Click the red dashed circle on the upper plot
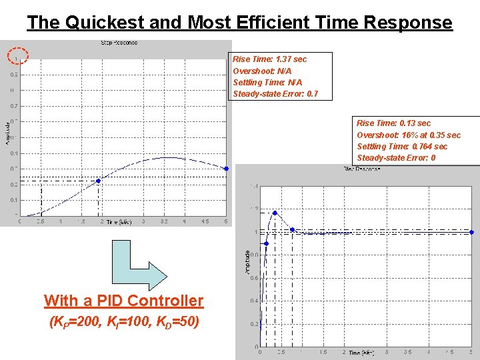point(17,58)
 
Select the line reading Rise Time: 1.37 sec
point(269,59)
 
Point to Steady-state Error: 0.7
point(275,93)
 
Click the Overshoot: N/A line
point(262,71)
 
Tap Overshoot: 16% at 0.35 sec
point(408,135)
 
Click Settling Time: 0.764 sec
point(402,146)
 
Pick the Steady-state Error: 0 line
point(396,158)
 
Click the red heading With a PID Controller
point(123,301)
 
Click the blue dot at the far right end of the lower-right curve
point(472,233)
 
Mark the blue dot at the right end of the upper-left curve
point(227,169)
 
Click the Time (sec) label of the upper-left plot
point(120,222)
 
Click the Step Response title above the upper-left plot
point(120,43)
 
